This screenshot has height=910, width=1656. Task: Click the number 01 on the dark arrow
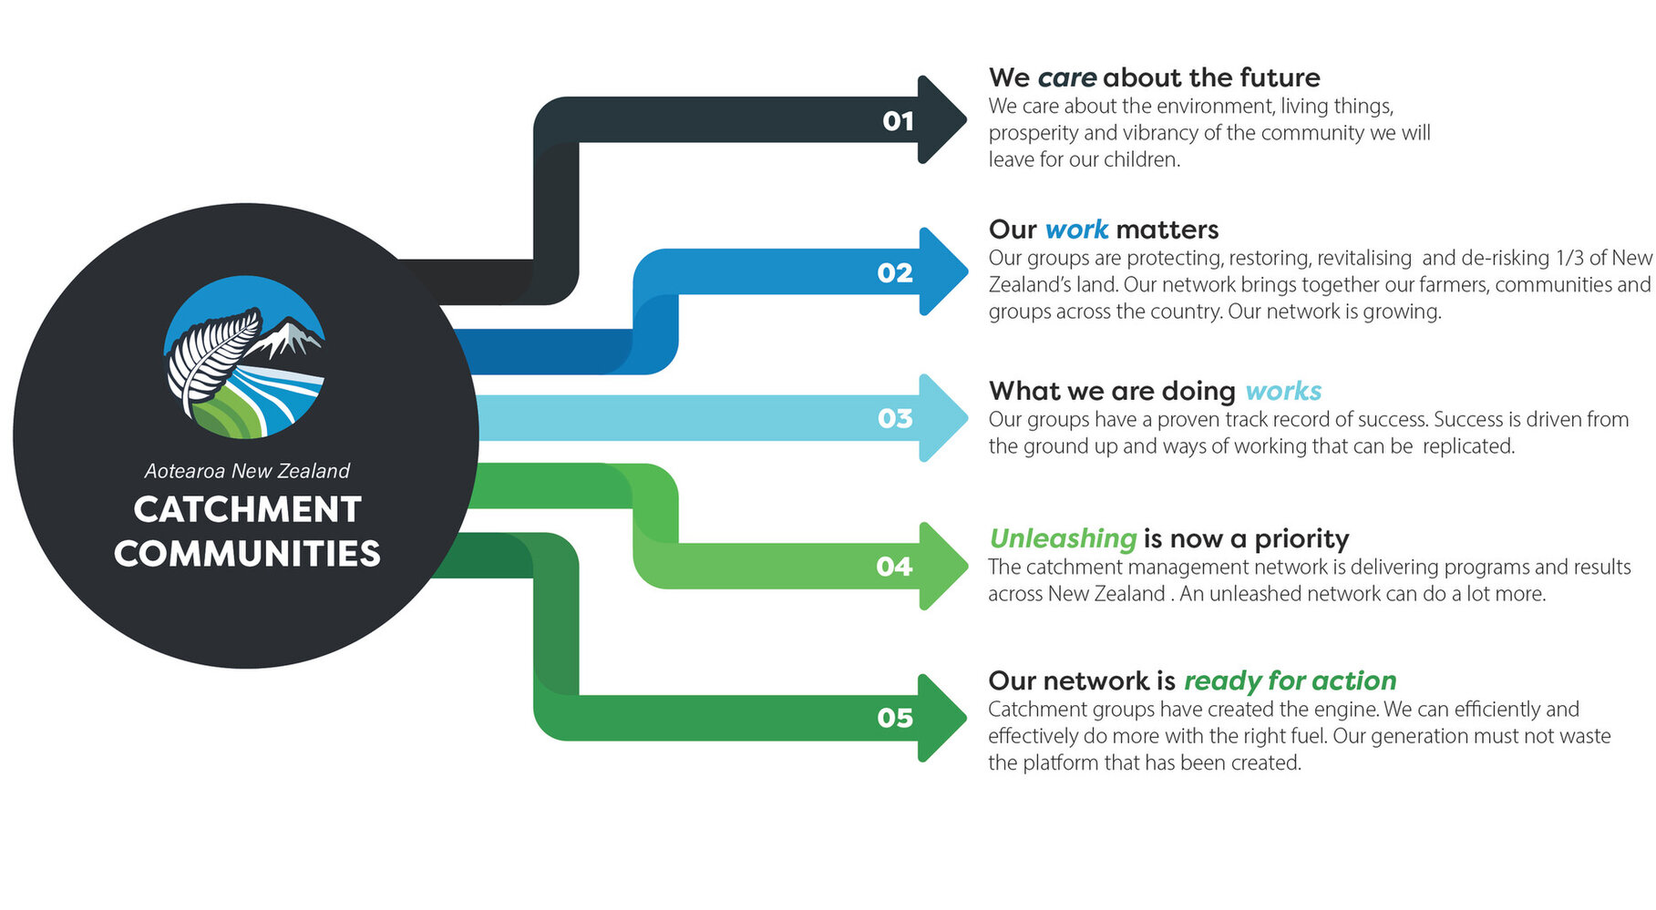[x=898, y=121]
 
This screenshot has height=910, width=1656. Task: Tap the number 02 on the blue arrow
[x=894, y=273]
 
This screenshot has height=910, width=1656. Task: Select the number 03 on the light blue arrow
[x=894, y=419]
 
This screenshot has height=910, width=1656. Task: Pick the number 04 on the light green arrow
[x=893, y=567]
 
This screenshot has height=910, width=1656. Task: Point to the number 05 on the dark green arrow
[x=894, y=718]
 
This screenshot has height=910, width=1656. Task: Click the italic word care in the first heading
[x=1066, y=78]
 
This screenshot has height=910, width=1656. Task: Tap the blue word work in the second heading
[x=1076, y=230]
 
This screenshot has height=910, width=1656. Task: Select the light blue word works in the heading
[x=1282, y=392]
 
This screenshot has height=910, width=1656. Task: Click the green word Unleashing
[x=1063, y=539]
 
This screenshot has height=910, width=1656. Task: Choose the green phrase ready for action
[x=1290, y=681]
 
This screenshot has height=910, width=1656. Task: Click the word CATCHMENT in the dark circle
[x=247, y=509]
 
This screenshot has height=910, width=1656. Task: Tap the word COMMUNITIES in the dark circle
[x=247, y=554]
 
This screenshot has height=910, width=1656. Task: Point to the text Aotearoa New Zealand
[x=247, y=471]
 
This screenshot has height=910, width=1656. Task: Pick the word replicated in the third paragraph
[x=1467, y=446]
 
